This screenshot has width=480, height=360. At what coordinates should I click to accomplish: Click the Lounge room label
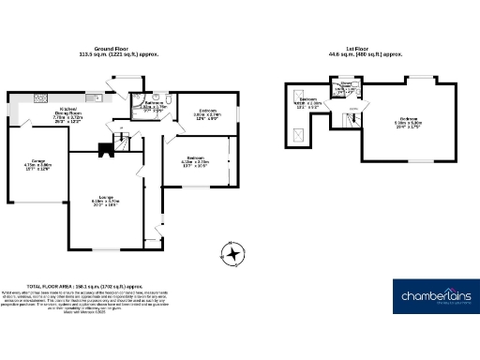(105, 199)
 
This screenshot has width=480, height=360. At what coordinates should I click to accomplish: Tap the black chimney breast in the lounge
(103, 148)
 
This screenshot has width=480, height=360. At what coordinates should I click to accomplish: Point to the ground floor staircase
(123, 141)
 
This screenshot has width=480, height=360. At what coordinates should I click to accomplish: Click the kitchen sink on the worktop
(39, 97)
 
